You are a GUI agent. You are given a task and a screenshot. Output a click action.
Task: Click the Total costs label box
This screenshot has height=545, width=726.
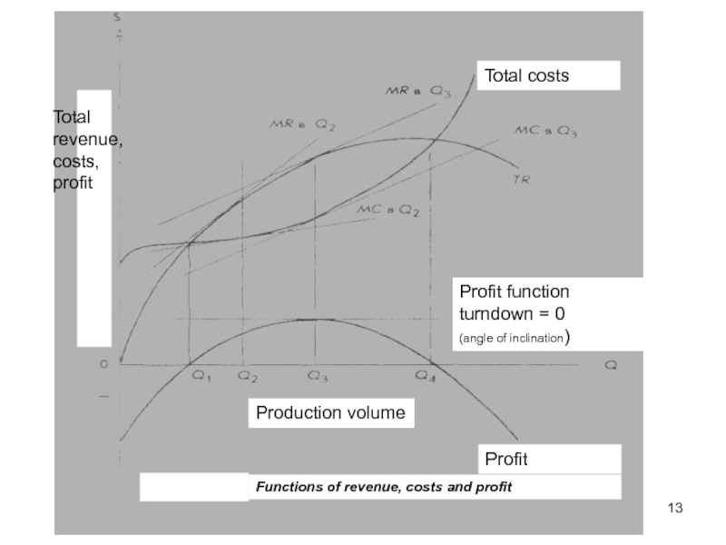548,75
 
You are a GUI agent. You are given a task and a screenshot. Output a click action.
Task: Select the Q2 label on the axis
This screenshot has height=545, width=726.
247,375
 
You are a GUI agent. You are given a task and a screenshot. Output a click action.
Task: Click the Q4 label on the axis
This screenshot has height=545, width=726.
427,375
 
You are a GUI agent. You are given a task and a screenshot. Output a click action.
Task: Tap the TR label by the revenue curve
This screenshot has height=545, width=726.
520,181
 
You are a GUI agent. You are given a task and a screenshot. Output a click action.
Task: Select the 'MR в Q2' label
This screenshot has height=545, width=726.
302,125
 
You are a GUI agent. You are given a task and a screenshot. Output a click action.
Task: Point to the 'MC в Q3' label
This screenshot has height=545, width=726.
546,131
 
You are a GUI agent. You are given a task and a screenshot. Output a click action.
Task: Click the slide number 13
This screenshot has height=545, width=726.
674,507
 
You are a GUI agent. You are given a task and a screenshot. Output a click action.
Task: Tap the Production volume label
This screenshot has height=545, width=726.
330,413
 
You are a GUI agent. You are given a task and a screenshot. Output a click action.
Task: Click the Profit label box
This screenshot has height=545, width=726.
505,459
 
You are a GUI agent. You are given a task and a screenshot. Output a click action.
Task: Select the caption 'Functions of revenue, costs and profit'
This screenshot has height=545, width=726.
384,487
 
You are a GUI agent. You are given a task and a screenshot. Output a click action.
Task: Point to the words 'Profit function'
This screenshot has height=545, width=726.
514,292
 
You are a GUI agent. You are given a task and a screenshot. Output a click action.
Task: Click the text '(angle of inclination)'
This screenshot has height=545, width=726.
514,338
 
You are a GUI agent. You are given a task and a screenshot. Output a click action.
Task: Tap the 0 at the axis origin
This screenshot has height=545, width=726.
103,363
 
